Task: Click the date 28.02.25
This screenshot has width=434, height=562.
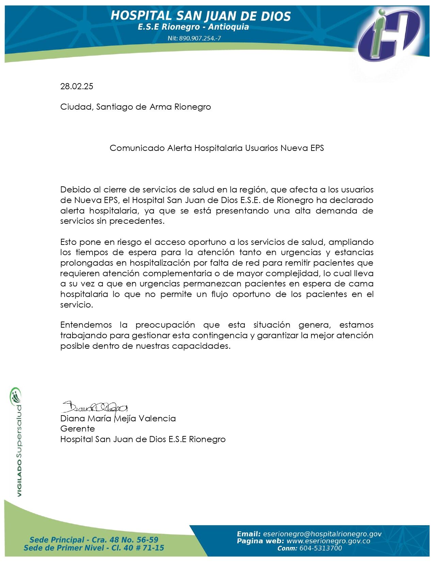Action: [x=77, y=86]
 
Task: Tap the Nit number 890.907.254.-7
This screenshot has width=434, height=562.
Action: [x=194, y=38]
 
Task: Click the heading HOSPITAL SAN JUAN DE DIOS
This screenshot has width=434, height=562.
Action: [x=201, y=16]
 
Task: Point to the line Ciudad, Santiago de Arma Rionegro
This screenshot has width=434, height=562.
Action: [x=135, y=107]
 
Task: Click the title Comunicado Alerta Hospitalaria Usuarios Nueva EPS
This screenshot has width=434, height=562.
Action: [x=216, y=148]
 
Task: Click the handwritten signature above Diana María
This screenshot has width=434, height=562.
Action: [x=95, y=407]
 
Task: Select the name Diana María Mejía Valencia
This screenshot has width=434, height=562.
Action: [x=118, y=418]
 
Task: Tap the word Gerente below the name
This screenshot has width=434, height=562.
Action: [x=78, y=428]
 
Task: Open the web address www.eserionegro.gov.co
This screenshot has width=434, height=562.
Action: [x=329, y=541]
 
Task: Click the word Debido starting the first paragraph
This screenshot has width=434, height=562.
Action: [x=72, y=190]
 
